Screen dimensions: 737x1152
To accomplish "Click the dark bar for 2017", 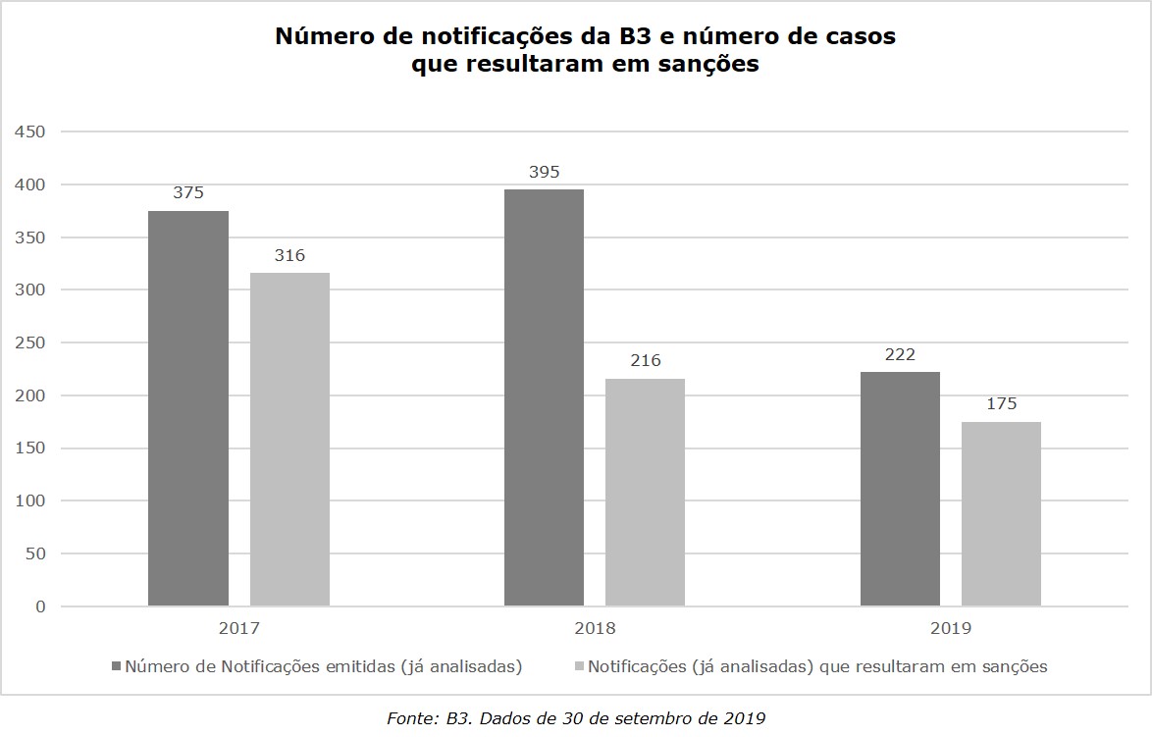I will point(188,408).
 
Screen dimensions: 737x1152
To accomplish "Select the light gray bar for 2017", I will point(289,439).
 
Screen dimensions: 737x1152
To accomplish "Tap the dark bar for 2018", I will point(544,397).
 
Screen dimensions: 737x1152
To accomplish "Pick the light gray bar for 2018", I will point(645,492).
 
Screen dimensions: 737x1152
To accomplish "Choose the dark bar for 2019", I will point(900,489).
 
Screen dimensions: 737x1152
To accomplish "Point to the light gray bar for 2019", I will point(1001,513).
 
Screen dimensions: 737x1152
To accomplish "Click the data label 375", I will point(188,193).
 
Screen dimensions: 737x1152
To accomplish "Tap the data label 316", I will point(289,255).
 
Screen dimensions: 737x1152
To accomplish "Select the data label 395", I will point(544,172).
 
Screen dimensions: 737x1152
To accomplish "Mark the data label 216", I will point(645,361).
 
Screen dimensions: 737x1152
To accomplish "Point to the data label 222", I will point(900,354).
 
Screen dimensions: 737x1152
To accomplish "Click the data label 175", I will point(1001,403).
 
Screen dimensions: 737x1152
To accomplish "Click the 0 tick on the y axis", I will point(40,606).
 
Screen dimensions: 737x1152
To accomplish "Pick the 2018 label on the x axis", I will point(595,629).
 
